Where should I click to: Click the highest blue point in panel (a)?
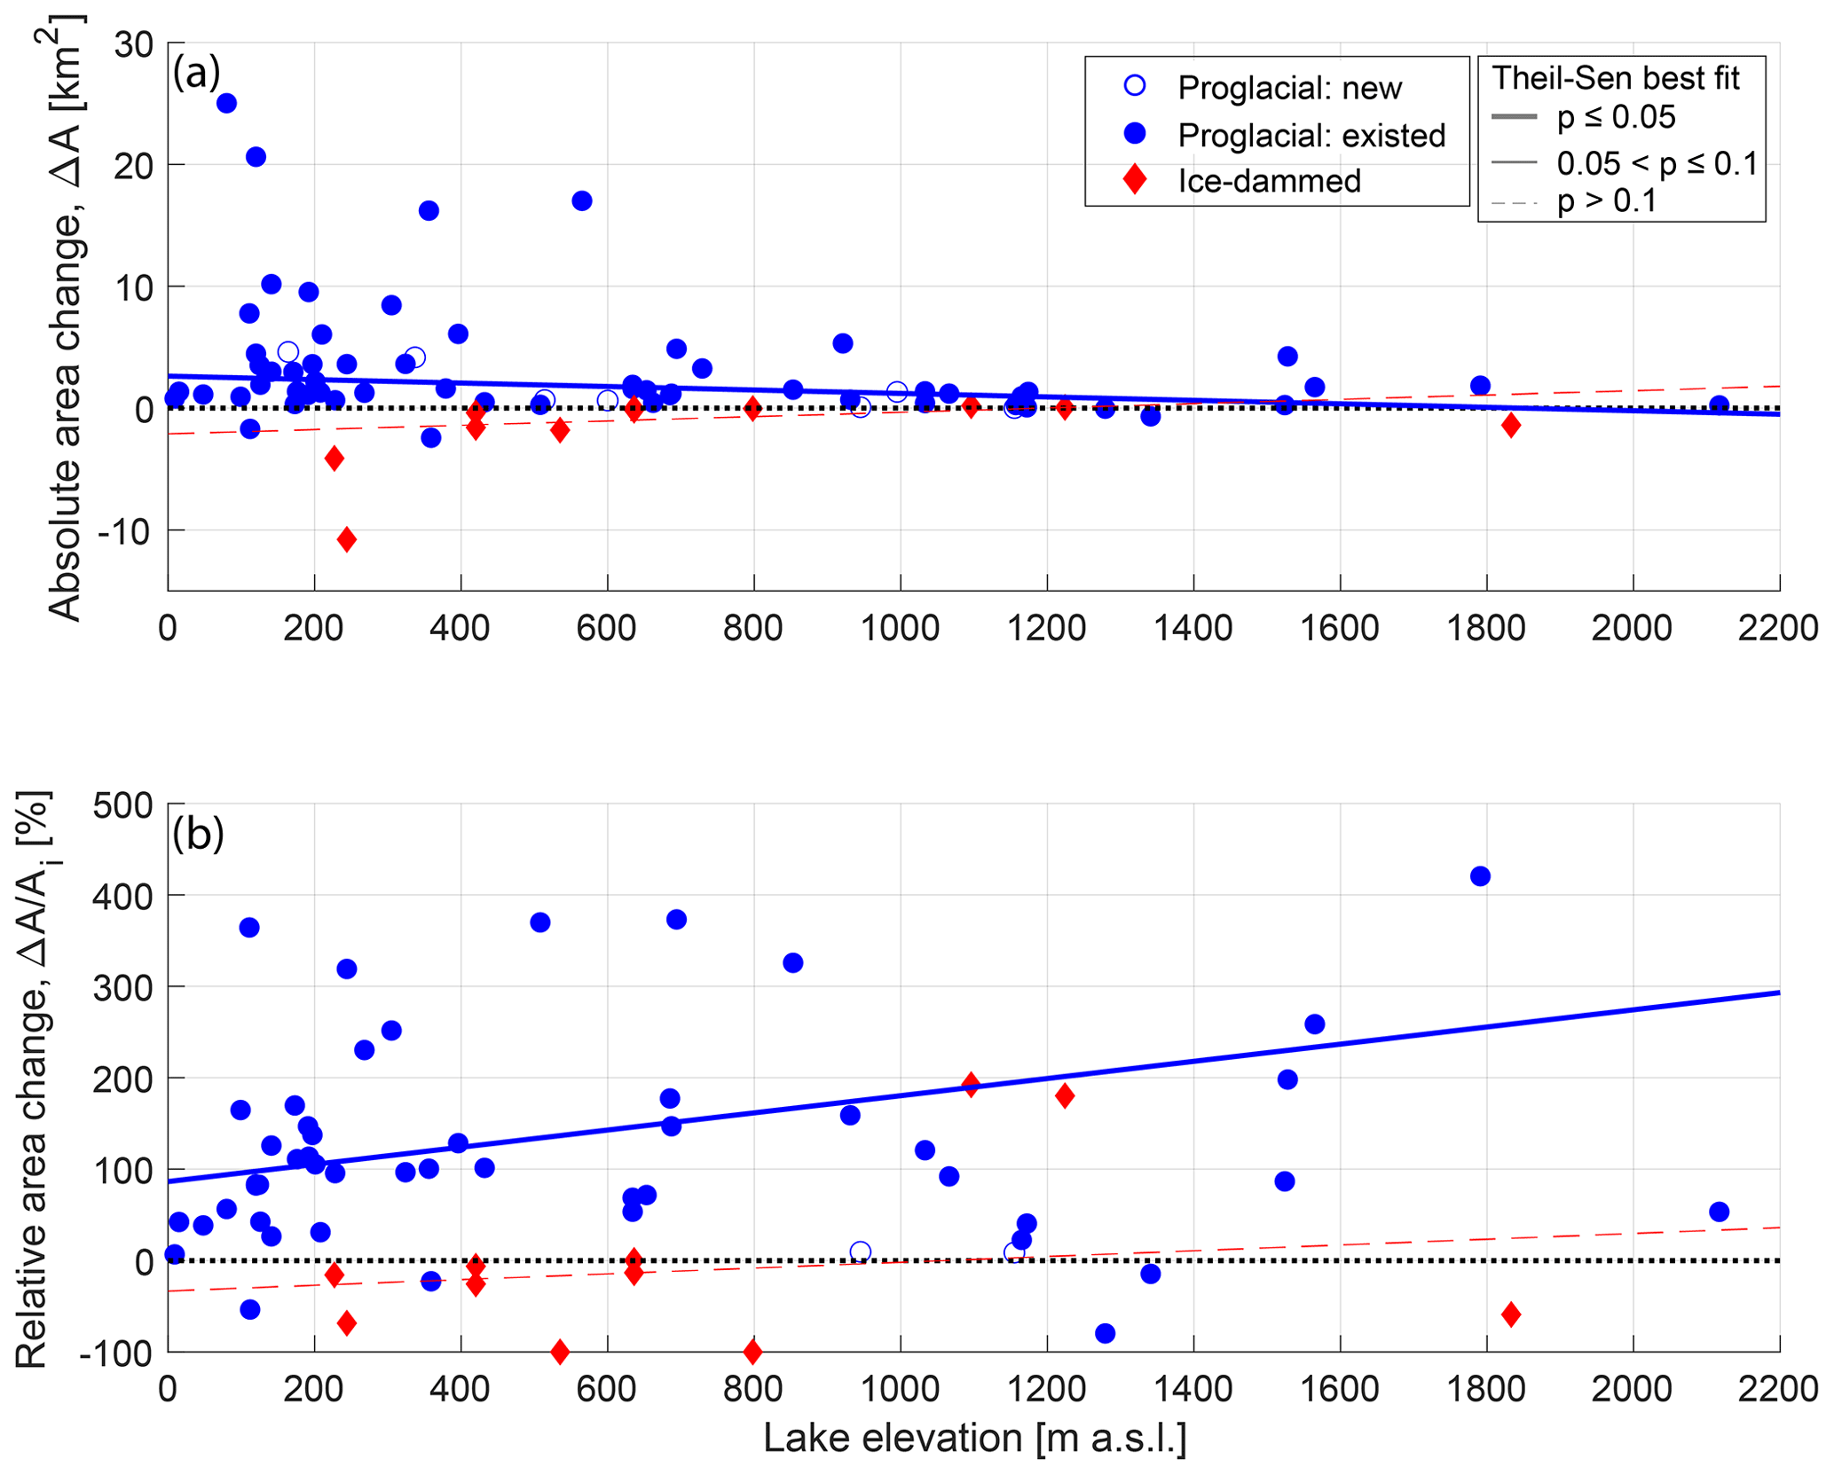click(x=226, y=103)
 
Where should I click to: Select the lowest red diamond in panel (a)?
click(x=347, y=539)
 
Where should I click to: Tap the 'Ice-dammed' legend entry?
click(x=1269, y=181)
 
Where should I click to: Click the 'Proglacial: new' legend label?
click(x=1289, y=88)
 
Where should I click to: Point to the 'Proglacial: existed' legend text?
click(x=1311, y=135)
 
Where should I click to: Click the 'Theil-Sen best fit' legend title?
click(x=1615, y=78)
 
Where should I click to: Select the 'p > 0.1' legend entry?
click(x=1607, y=201)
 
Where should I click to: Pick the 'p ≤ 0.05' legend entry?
click(x=1616, y=117)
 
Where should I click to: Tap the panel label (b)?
click(x=197, y=834)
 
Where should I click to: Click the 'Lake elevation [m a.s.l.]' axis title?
click(x=974, y=1438)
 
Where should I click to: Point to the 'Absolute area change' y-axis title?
click(x=67, y=319)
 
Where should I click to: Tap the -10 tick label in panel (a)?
click(x=126, y=530)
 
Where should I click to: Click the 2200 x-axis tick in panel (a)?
click(x=1778, y=628)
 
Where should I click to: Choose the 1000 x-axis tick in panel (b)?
click(x=900, y=1388)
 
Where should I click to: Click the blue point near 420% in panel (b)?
click(x=1480, y=876)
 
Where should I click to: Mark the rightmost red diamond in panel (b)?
click(x=1511, y=1314)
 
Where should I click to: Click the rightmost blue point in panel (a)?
click(x=1719, y=405)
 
